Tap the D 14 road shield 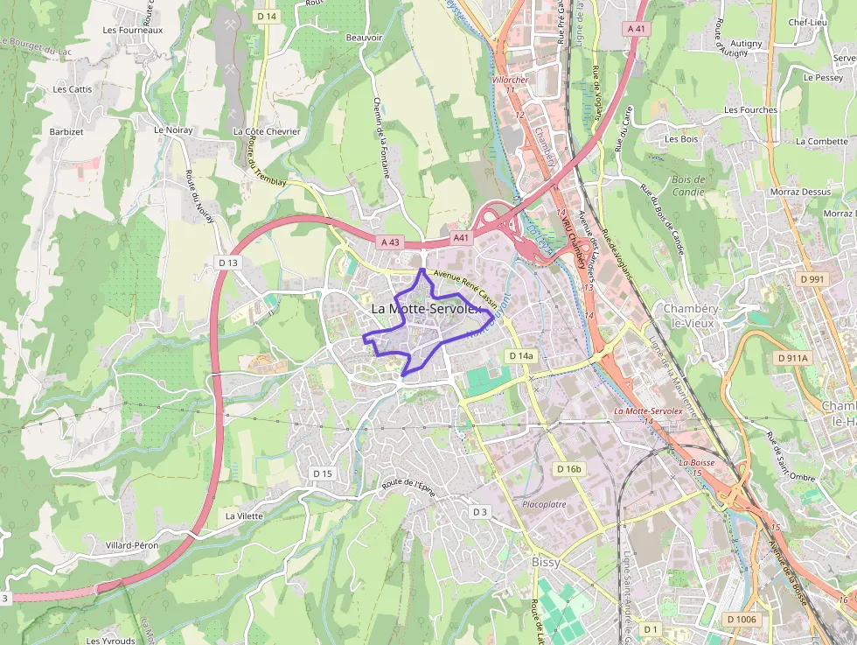[x=267, y=17]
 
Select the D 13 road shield [x=228, y=263]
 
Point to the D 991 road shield [x=812, y=279]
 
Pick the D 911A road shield [x=793, y=358]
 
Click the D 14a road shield [x=521, y=356]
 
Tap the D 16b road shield [x=568, y=469]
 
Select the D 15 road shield [x=323, y=473]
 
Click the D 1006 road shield [x=742, y=620]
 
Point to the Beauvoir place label [x=365, y=38]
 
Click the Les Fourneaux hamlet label [x=133, y=30]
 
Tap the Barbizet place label [x=66, y=132]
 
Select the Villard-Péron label [x=132, y=545]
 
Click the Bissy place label [x=546, y=562]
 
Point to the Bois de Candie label [x=689, y=186]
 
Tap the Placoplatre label [x=544, y=505]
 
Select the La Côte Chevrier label [x=267, y=132]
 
